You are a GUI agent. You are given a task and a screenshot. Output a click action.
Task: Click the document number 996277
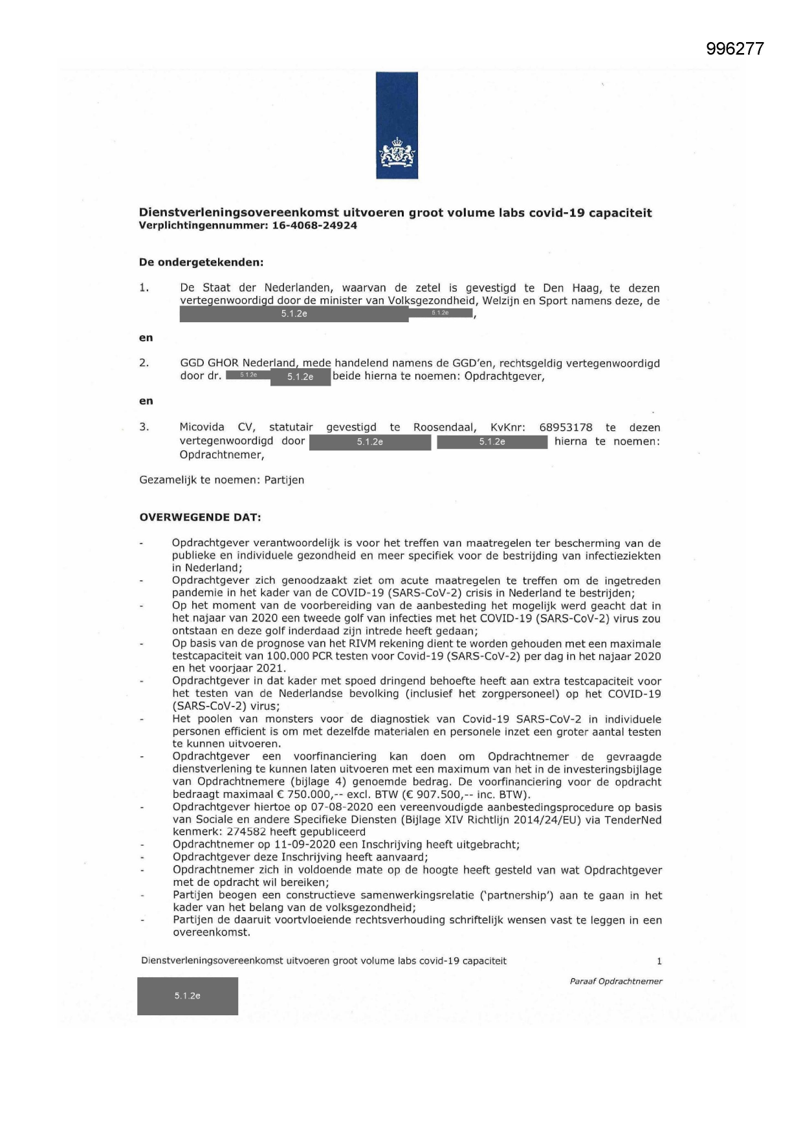click(x=735, y=49)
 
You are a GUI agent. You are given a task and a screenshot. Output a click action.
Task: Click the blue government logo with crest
click(x=397, y=125)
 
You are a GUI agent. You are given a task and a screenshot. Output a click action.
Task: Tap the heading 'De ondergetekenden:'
click(x=201, y=263)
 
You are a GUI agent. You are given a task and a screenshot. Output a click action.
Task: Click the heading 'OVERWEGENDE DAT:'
click(x=201, y=518)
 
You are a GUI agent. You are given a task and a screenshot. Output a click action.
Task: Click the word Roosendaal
click(x=445, y=428)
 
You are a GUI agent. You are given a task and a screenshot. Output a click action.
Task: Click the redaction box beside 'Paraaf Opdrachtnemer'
click(x=188, y=996)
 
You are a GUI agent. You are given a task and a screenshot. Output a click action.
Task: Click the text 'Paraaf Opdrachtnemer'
click(x=616, y=982)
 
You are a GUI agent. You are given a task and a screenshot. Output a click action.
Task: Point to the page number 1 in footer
click(x=659, y=962)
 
